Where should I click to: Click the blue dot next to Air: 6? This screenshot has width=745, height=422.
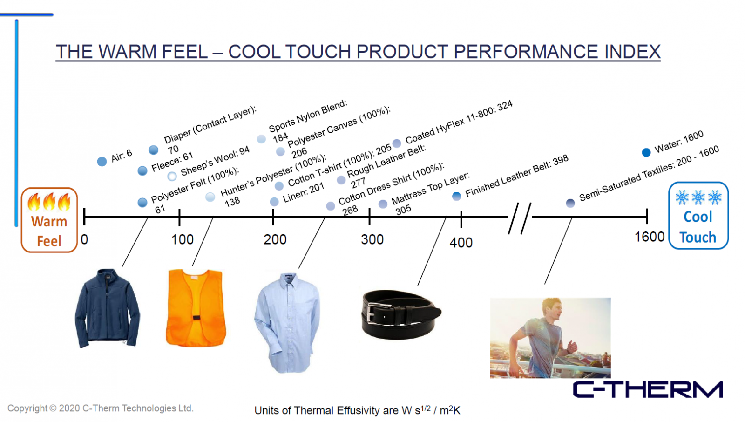click(x=102, y=162)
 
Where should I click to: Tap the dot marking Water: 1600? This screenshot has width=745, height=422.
click(x=646, y=152)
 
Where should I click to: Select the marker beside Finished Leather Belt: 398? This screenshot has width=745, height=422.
click(x=457, y=196)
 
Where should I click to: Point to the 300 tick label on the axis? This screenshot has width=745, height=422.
click(x=372, y=239)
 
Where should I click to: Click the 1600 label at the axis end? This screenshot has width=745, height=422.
click(x=649, y=237)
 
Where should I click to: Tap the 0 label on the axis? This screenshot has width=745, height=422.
click(x=84, y=239)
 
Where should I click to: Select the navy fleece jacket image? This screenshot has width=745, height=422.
click(x=108, y=308)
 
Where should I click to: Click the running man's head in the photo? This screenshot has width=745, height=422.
click(x=552, y=308)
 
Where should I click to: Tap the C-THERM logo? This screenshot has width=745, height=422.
click(x=648, y=389)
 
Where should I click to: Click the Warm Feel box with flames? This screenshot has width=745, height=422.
click(x=49, y=220)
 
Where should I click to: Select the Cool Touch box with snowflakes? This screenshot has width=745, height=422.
click(x=698, y=215)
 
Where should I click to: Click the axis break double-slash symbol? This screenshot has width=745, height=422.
click(x=520, y=218)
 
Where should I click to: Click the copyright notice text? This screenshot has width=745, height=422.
click(x=101, y=408)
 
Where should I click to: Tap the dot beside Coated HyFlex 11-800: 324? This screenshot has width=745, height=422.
click(x=397, y=143)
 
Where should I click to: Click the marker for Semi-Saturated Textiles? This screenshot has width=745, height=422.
click(x=570, y=203)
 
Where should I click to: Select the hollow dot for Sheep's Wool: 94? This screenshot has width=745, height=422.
click(x=172, y=176)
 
